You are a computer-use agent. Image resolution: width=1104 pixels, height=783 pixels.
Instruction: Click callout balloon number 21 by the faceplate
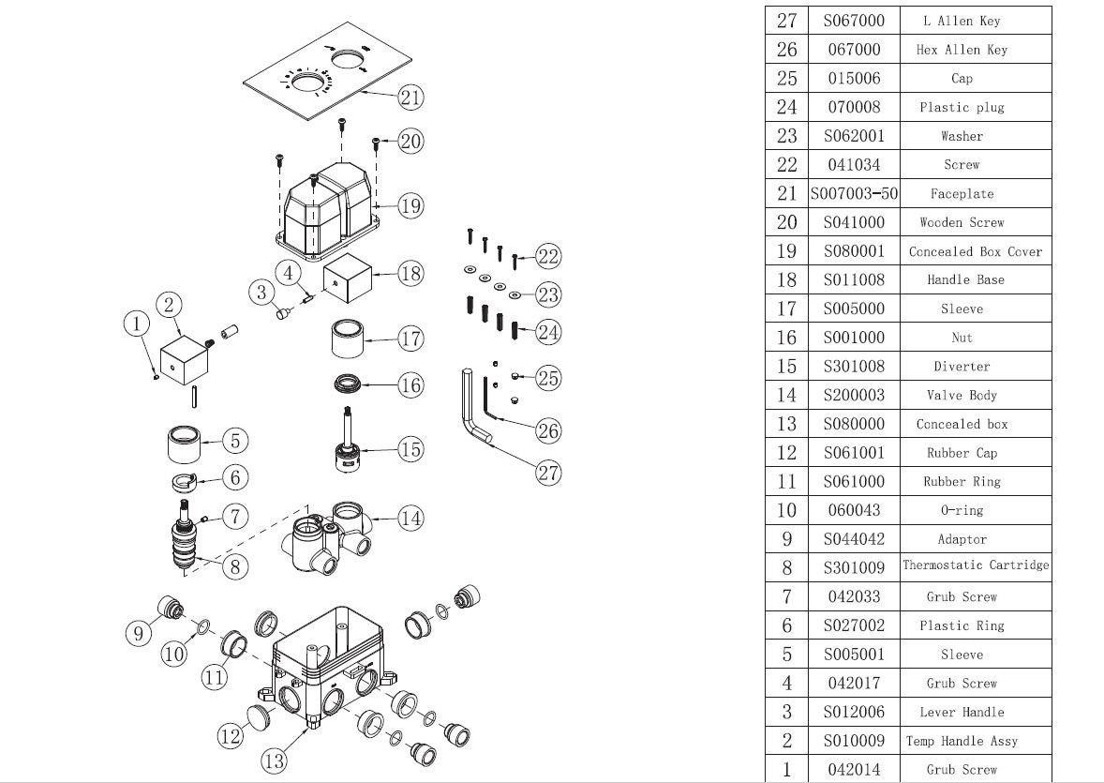pos(410,97)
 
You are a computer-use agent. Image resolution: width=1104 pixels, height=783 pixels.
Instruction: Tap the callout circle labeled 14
pos(410,517)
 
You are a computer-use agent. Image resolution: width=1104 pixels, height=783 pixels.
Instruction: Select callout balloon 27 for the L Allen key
pos(548,473)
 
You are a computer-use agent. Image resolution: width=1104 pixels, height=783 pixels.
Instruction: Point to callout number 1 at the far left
pos(137,324)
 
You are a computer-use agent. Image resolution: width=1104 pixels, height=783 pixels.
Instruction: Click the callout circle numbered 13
pos(274,760)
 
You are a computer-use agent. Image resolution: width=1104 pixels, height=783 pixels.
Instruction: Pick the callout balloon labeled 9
pos(139,633)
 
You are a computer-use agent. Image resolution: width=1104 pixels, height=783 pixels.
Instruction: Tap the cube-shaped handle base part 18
pos(348,279)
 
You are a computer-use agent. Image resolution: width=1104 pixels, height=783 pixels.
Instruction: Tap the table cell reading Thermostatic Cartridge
pos(976,565)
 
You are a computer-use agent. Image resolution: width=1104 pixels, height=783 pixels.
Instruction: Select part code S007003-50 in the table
pos(854,194)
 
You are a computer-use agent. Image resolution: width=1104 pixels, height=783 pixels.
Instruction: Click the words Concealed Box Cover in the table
pos(976,251)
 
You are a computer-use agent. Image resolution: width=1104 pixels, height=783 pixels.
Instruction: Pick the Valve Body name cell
pos(962,396)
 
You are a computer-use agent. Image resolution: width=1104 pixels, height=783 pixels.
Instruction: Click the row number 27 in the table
pos(786,21)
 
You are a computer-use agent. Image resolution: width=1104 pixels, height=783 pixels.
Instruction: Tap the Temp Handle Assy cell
pos(962,741)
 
